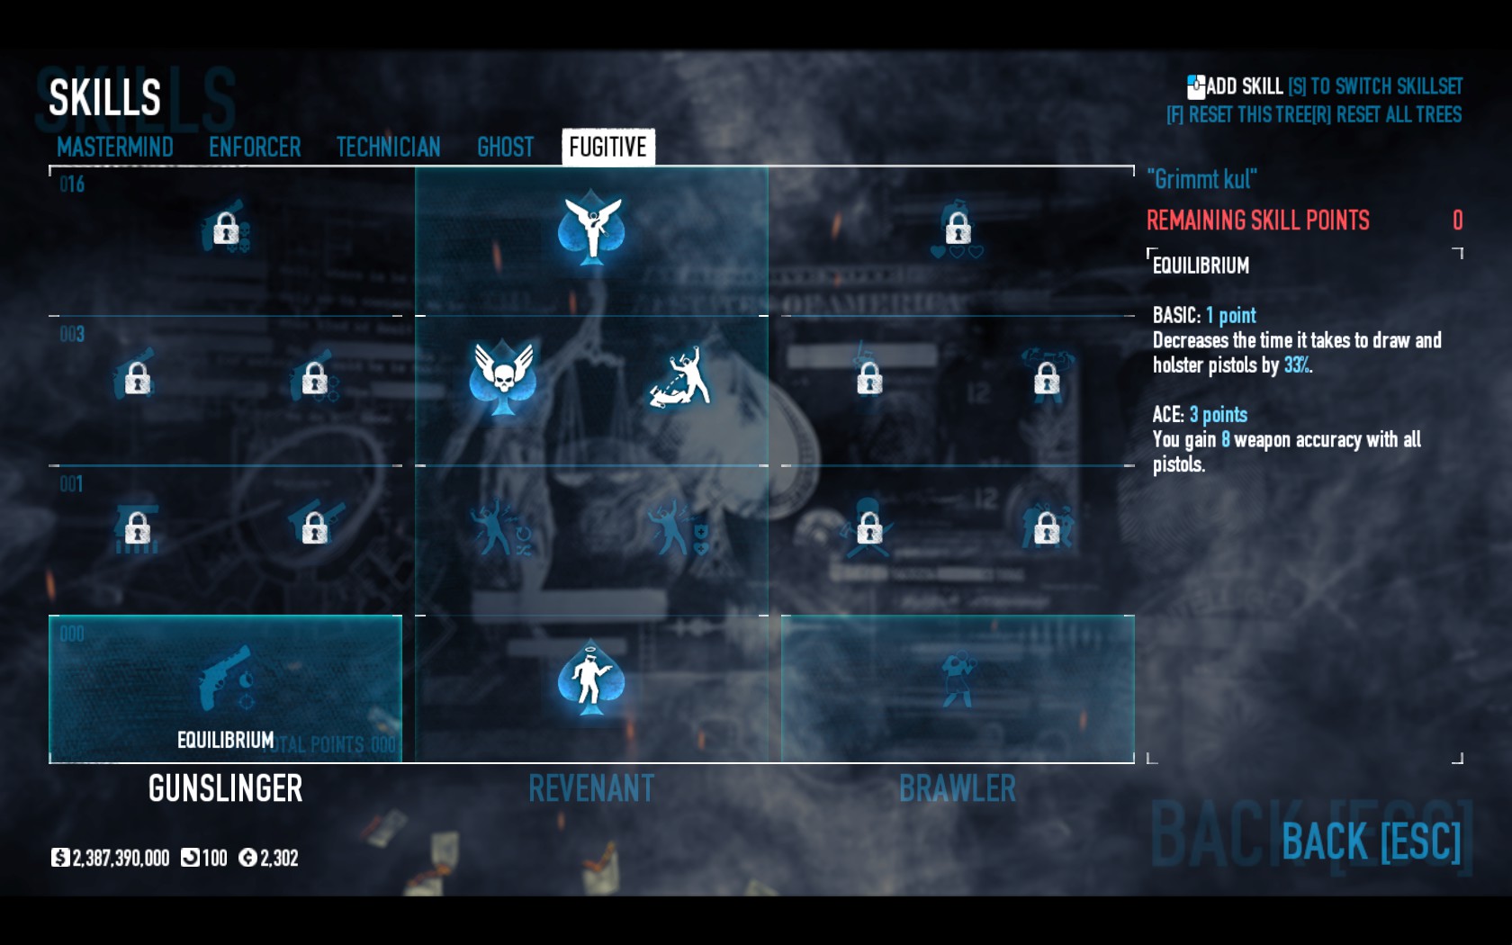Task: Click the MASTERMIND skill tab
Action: (114, 147)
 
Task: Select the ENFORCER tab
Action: (255, 147)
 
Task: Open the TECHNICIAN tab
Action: (388, 147)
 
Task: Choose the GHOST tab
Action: (505, 147)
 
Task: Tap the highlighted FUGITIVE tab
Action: (607, 147)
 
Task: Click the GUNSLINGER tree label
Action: (225, 788)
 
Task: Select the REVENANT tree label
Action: (591, 788)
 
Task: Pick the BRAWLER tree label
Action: (957, 788)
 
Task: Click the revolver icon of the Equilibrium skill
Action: (225, 677)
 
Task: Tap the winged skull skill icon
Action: (502, 377)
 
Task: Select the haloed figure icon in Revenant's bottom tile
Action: (590, 677)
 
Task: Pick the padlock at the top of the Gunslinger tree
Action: (225, 229)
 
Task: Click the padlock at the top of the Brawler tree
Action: (958, 228)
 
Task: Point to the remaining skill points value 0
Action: (1457, 220)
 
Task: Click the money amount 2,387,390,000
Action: (121, 858)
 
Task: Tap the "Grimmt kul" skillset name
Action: (1201, 179)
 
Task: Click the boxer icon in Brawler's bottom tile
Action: (957, 677)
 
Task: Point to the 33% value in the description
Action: (1297, 364)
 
